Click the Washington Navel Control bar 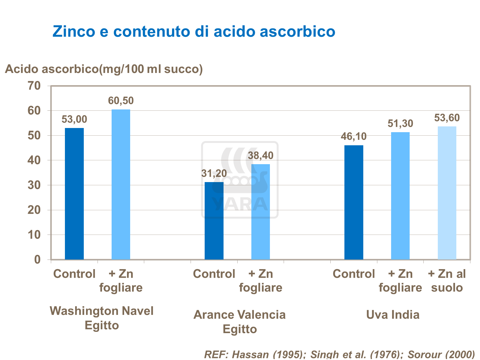pos(74,194)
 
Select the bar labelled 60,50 pos(121,184)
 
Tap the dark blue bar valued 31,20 pos(214,221)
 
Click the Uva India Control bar pos(354,202)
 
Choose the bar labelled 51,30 pos(400,196)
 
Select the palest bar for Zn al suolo pos(447,193)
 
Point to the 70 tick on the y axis pos(34,86)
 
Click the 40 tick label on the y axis pos(34,160)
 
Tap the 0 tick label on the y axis pos(37,260)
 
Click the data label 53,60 pos(447,118)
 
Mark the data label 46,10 pos(354,137)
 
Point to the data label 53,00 pos(74,119)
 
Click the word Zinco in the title pos(74,31)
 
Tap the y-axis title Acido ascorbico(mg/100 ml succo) pos(104,69)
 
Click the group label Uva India pos(393,315)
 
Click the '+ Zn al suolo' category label pos(447,281)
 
